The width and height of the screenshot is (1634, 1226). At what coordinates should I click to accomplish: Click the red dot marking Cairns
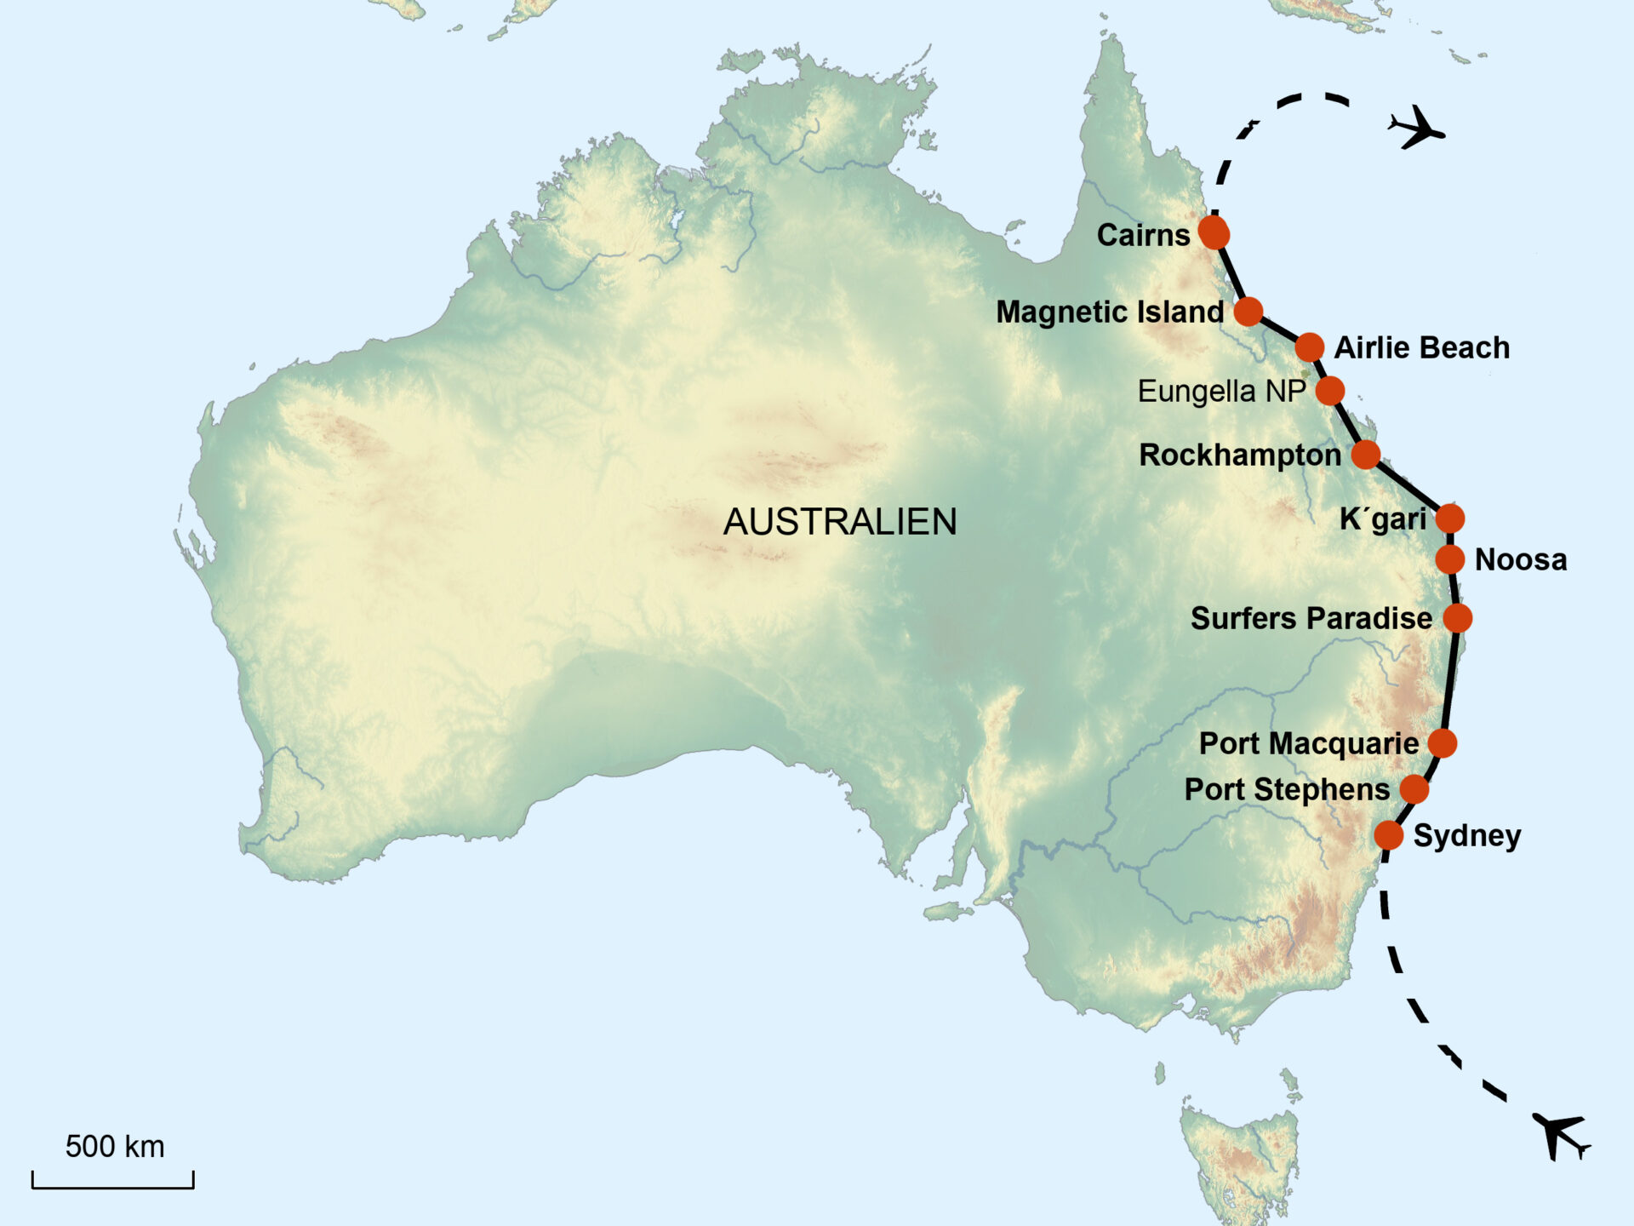tap(1214, 232)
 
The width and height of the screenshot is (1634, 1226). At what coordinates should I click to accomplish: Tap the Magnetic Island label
tap(1110, 312)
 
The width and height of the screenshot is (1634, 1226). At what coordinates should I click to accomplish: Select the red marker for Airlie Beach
tap(1310, 347)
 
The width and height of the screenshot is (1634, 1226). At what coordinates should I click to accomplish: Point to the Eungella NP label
tap(1221, 392)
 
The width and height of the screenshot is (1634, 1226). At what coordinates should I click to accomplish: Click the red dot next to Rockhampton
tap(1365, 455)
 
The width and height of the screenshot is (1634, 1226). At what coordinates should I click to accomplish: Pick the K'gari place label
tap(1382, 518)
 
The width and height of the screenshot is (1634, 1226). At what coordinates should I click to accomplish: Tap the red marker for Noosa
tap(1450, 559)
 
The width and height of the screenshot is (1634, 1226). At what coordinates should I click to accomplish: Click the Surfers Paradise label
tap(1311, 618)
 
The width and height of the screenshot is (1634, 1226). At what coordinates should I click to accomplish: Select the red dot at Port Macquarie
tap(1443, 743)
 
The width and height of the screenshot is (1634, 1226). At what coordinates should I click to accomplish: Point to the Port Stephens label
tap(1287, 789)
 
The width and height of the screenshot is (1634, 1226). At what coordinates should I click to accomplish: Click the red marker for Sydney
tap(1388, 835)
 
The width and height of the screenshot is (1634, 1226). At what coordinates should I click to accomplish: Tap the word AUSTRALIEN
tap(840, 522)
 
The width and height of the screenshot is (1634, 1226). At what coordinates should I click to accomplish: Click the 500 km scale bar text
tap(115, 1147)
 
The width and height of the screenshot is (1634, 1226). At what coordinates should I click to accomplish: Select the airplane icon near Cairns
tap(1416, 129)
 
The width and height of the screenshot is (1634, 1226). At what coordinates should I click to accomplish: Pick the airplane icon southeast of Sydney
tap(1561, 1135)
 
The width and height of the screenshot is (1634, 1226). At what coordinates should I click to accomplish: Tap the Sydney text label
tap(1467, 836)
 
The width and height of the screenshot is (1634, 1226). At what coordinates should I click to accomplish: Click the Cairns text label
tap(1143, 235)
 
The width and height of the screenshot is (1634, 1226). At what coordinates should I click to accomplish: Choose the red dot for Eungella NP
tap(1329, 391)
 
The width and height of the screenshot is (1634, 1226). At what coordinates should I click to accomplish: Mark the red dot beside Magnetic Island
tap(1248, 312)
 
